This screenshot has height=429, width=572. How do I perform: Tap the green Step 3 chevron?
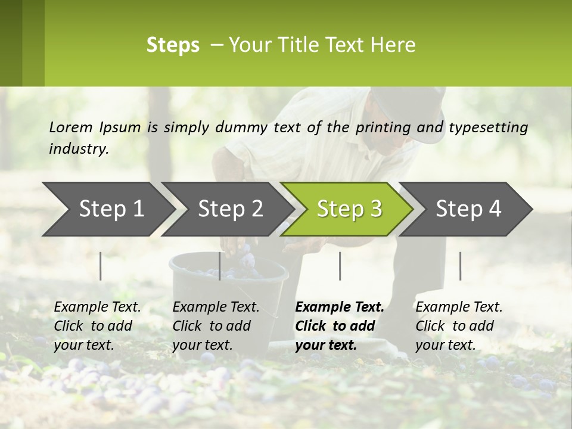coord(349,209)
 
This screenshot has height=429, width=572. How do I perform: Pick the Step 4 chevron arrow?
coord(468,209)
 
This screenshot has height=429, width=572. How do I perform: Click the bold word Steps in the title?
coord(173,45)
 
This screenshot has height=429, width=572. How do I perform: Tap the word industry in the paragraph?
coord(78,148)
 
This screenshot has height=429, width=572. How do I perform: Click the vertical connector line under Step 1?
coord(101,266)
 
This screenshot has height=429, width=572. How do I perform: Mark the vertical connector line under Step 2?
coord(220,266)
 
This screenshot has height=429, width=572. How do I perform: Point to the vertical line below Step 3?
coord(340,266)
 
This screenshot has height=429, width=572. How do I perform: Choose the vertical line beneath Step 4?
coord(460,266)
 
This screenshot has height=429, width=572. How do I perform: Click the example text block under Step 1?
coord(97,326)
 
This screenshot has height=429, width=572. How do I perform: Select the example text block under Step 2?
coord(216,326)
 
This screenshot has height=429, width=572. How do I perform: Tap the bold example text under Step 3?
coord(339,326)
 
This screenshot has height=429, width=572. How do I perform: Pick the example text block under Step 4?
coord(459,326)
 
